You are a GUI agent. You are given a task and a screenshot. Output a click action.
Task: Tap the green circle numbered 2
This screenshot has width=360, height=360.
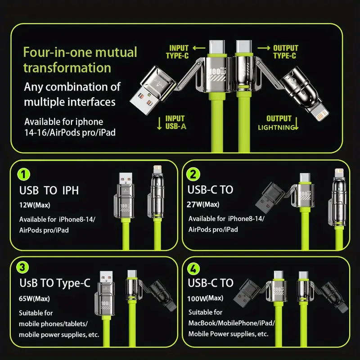tap(193, 174)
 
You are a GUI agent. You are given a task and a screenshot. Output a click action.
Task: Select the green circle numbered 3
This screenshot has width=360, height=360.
tap(22, 267)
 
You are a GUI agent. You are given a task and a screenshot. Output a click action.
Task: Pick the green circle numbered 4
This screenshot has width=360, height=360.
tap(193, 269)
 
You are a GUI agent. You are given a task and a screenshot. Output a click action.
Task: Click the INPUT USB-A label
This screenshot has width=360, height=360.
tap(175, 122)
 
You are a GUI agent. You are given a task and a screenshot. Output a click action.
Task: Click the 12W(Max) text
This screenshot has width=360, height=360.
tap(35, 205)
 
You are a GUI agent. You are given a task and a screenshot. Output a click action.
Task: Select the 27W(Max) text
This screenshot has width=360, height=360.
tap(203, 204)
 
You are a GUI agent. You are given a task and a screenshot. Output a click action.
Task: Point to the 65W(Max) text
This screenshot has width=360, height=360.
tap(34, 298)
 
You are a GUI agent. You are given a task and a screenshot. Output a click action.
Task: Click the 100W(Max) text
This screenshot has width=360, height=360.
tap(205, 298)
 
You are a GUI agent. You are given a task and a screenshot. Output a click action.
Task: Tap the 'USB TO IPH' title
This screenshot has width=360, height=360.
tap(49, 190)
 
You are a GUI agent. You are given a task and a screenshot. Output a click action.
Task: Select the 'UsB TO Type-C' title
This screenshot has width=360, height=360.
tap(55, 283)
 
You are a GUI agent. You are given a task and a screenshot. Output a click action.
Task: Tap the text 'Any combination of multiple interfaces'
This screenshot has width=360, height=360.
tap(72, 94)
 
